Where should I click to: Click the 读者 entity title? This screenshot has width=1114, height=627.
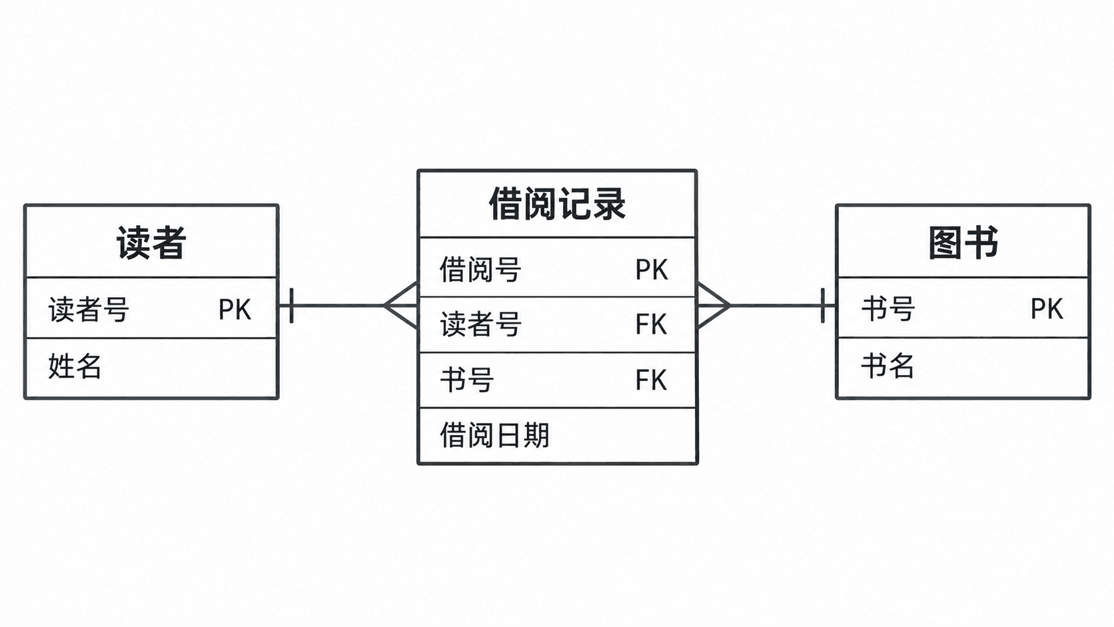click(x=151, y=243)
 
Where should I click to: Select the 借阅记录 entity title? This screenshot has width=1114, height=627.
click(x=557, y=204)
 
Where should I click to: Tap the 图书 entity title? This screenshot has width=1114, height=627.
click(x=963, y=243)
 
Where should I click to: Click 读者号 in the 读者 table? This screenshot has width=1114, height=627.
click(x=89, y=309)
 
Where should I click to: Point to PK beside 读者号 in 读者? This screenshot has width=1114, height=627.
click(x=235, y=309)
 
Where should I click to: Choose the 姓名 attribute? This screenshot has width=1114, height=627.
click(x=75, y=366)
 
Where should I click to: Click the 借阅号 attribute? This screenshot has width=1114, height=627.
click(x=480, y=269)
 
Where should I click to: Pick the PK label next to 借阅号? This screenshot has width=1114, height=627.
click(x=652, y=270)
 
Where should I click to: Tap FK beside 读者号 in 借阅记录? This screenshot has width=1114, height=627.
click(x=651, y=324)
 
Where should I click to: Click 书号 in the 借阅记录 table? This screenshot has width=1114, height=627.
click(x=467, y=380)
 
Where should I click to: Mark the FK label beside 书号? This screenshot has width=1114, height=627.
click(x=651, y=380)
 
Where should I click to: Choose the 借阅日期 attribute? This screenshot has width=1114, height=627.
click(x=494, y=435)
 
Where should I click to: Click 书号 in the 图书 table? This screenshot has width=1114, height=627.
click(x=888, y=309)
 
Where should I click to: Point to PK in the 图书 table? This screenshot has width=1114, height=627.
click(x=1047, y=309)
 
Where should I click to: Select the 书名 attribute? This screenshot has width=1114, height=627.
click(x=887, y=366)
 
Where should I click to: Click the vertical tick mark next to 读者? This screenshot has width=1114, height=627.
click(x=291, y=305)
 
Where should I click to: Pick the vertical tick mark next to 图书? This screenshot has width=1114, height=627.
click(x=823, y=305)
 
